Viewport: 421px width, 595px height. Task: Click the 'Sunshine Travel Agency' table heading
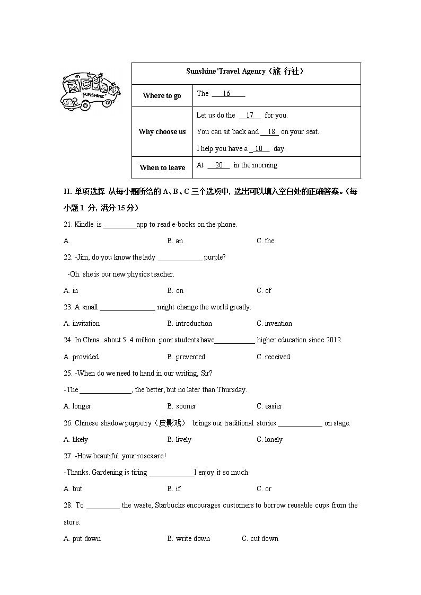tap(245, 71)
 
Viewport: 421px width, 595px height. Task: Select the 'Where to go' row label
tap(162, 95)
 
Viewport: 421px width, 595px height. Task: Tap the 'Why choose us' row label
tap(162, 131)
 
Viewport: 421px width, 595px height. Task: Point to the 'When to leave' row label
tap(162, 167)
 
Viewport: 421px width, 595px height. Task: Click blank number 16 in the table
tap(227, 94)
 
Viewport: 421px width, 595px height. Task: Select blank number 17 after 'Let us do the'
tap(250, 116)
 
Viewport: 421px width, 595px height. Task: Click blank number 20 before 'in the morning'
tap(218, 165)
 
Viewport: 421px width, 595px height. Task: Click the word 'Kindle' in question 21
tap(84, 224)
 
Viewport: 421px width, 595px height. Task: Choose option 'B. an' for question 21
tap(175, 241)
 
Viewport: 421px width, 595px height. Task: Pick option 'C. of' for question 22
tap(264, 290)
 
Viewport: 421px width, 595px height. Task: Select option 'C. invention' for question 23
tap(274, 323)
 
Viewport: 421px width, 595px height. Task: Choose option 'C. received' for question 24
tap(273, 357)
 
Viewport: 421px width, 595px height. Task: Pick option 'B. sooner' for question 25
tap(181, 406)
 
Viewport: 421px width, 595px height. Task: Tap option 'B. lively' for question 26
tap(179, 439)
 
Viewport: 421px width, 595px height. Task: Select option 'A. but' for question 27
tap(73, 489)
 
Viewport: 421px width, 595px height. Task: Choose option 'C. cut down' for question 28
tap(260, 538)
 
